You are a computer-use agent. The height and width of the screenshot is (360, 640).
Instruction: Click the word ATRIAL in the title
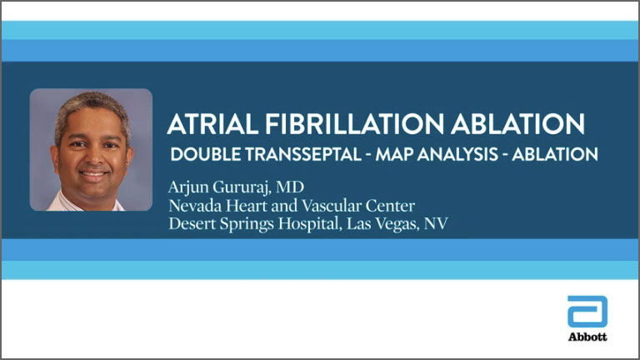tap(212, 123)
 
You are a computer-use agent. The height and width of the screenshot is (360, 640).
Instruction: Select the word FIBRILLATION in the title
tap(354, 123)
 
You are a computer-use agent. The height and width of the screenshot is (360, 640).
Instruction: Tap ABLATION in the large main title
tap(517, 123)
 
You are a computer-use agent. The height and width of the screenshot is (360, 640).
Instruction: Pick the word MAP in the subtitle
tap(394, 154)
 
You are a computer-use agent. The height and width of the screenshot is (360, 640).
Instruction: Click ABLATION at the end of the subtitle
tap(555, 154)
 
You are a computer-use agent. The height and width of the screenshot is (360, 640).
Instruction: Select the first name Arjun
tap(188, 187)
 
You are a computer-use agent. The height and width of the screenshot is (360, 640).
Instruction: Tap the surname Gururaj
tap(242, 187)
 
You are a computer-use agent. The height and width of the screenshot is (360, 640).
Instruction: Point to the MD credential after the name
tap(290, 187)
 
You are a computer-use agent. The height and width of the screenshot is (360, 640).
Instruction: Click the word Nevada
tap(195, 205)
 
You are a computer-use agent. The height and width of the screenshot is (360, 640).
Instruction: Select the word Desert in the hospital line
tap(192, 223)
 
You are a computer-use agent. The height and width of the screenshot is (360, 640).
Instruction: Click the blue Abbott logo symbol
tap(587, 312)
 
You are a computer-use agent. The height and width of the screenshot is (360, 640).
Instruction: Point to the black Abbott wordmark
tap(587, 337)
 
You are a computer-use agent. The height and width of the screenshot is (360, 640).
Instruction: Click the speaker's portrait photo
tap(91, 150)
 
